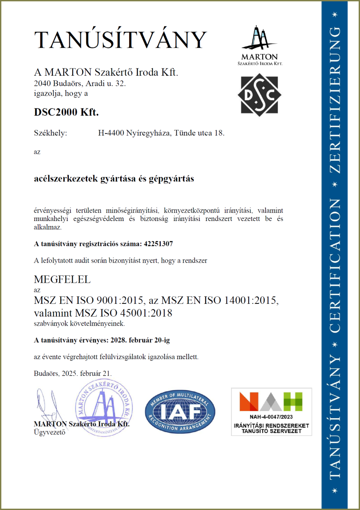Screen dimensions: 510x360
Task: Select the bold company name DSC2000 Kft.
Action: pos(66,113)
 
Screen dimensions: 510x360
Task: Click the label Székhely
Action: pos(51,133)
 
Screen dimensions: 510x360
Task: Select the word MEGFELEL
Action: pos(62,280)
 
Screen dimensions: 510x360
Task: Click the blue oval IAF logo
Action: pos(180,411)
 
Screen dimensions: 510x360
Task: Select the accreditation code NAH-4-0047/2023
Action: pos(271,417)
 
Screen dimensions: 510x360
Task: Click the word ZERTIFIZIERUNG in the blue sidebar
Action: pos(335,100)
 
